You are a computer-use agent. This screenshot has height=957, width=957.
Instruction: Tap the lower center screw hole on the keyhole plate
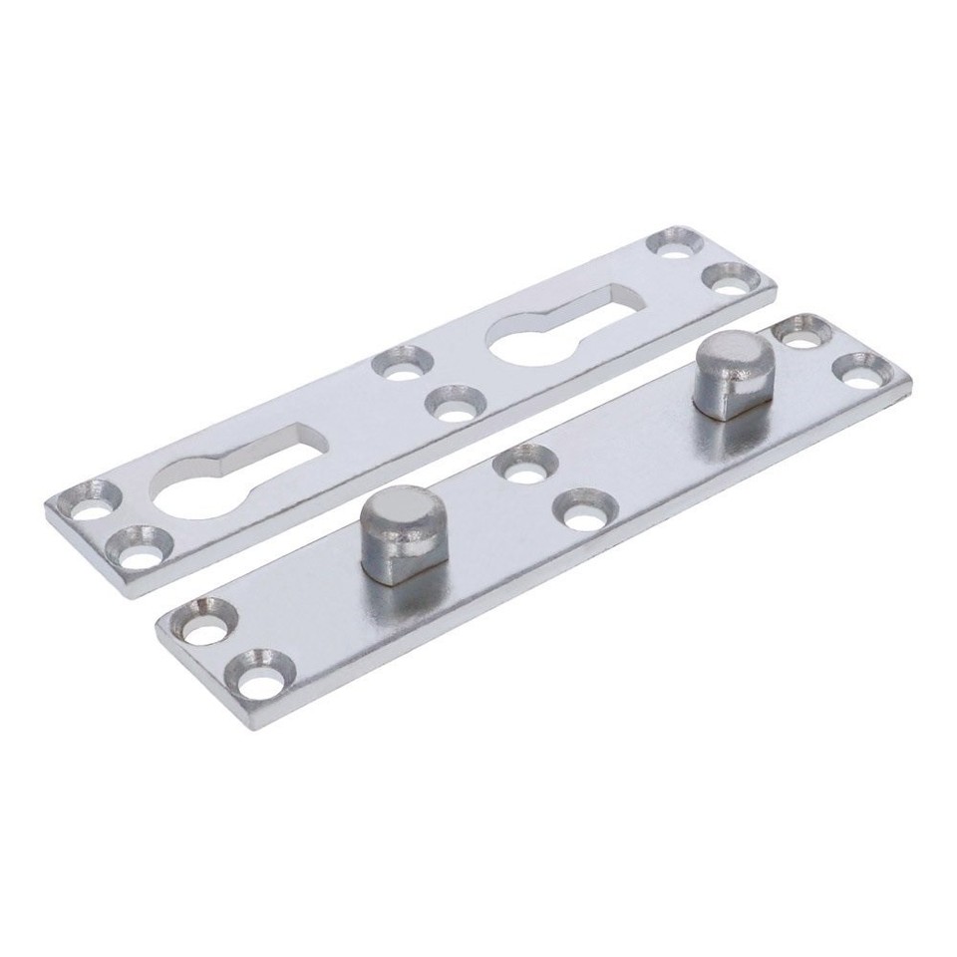point(455,406)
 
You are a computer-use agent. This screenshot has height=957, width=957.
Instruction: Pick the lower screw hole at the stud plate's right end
point(858,370)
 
